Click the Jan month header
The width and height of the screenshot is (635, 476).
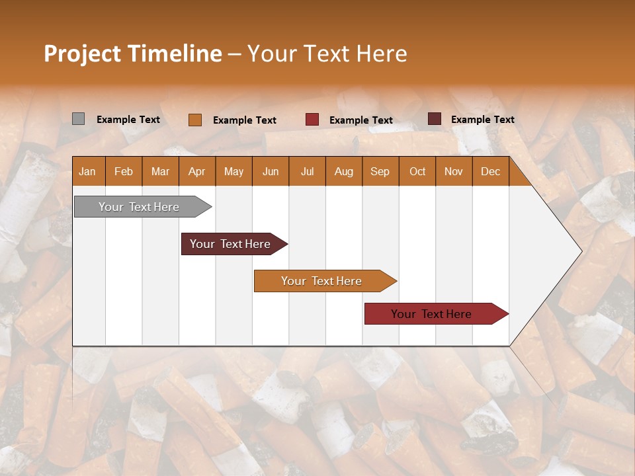(87, 171)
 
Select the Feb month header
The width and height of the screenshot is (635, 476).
(124, 171)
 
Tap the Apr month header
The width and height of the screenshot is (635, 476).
(196, 171)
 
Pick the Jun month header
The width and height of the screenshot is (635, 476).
(271, 171)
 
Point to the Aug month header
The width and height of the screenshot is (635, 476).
(343, 171)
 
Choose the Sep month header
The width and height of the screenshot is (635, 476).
(380, 171)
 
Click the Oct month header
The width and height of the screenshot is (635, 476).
(417, 171)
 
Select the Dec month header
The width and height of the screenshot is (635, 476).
(490, 171)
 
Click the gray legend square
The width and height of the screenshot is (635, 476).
(78, 119)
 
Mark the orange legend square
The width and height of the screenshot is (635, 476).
(194, 120)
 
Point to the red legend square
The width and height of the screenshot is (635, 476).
(312, 120)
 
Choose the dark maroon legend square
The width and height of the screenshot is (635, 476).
(434, 119)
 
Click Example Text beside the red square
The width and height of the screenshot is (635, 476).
(360, 120)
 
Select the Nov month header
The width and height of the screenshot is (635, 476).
(453, 171)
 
